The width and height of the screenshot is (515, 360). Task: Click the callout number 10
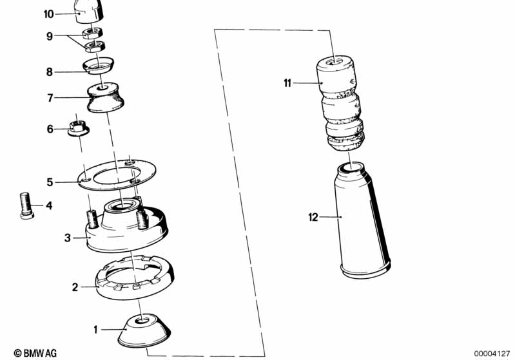[x=48, y=14]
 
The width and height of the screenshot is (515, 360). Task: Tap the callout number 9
[x=50, y=36]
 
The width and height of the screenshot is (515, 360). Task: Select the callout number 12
[x=313, y=217]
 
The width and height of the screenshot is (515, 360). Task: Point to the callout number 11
[x=287, y=83]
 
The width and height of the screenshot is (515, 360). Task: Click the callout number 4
[x=49, y=206]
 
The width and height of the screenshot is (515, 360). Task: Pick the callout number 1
[x=95, y=330]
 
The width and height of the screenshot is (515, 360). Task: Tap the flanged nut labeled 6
[x=78, y=128]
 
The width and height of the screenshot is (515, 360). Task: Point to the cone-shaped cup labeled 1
[x=144, y=331]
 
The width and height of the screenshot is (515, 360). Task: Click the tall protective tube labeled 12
[x=362, y=220]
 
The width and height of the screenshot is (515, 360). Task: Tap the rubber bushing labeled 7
[x=105, y=97]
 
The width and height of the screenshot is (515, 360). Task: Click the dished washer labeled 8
[x=98, y=66]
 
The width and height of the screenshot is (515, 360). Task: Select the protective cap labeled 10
[x=89, y=11]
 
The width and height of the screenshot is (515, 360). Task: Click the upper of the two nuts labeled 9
[x=92, y=32]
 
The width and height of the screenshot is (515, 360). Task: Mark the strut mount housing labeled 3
[x=127, y=225]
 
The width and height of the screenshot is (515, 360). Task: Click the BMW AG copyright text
[x=35, y=353]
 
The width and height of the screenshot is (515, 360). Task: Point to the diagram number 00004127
[x=492, y=354]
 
